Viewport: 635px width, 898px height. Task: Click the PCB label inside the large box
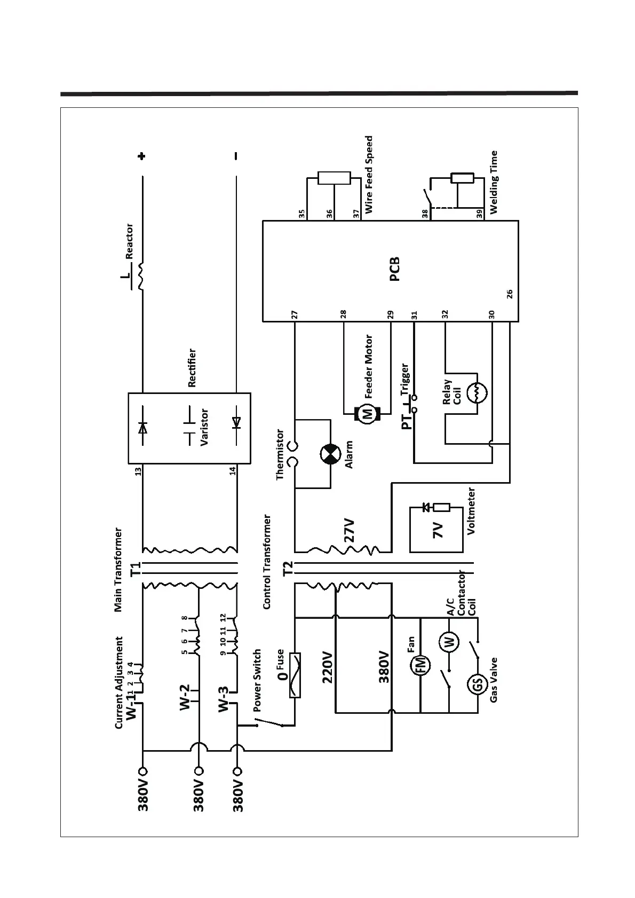pos(395,270)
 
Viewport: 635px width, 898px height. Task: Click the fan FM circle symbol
pos(420,664)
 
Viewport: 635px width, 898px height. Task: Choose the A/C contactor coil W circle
pos(449,641)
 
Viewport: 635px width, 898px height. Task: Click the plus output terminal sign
pos(141,156)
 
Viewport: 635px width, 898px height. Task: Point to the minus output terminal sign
pos(236,156)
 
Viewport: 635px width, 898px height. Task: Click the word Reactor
pos(129,241)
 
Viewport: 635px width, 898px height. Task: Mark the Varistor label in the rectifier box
pos(204,427)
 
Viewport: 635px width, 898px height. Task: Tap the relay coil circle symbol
pos(477,393)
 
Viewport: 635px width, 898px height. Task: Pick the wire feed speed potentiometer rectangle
pos(334,178)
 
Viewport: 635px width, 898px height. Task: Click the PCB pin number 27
pos(294,314)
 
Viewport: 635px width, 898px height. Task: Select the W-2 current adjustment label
pos(185,697)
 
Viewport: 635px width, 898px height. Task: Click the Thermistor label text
pos(281,455)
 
